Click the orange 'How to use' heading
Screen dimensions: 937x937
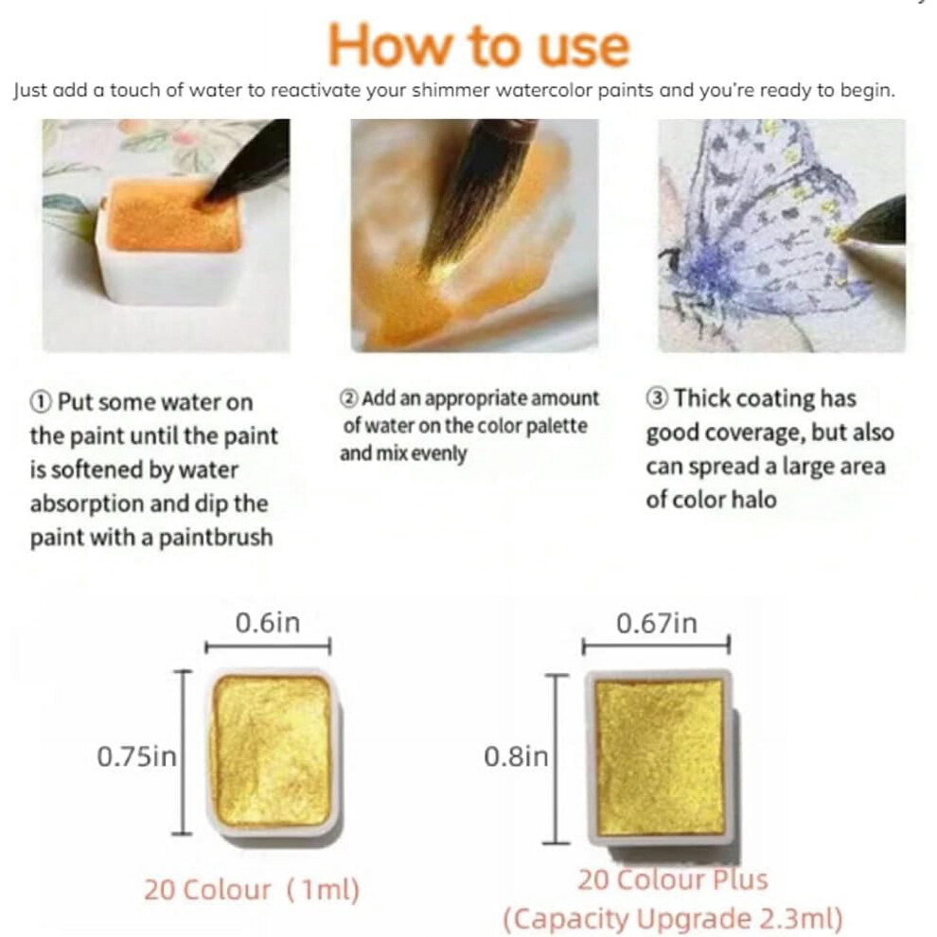click(x=479, y=46)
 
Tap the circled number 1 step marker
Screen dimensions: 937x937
click(x=41, y=402)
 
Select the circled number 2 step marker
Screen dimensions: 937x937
click(x=349, y=398)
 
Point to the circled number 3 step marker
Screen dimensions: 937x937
click(x=657, y=398)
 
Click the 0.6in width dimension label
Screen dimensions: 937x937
click(x=267, y=623)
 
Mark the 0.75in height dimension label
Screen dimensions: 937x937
click(x=137, y=756)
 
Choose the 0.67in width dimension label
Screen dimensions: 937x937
click(x=657, y=624)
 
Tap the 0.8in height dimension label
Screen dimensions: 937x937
click(x=516, y=756)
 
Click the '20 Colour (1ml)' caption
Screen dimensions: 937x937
click(x=252, y=890)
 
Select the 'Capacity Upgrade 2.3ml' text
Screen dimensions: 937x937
click(x=673, y=918)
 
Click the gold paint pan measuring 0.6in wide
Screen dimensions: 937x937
click(x=273, y=753)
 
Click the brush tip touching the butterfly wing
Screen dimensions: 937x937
click(x=844, y=234)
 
